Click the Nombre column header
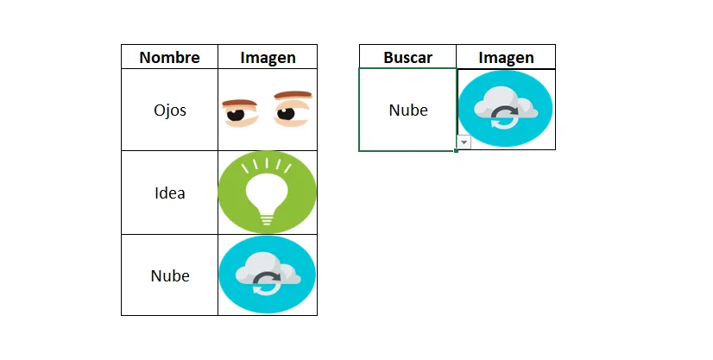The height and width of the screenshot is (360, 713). tap(169, 57)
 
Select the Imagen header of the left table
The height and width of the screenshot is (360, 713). tap(268, 58)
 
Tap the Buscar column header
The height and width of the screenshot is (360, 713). tap(408, 57)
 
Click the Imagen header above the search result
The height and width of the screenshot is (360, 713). tap(506, 58)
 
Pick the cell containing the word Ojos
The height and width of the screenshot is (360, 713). tap(169, 110)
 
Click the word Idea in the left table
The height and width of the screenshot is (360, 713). tap(169, 193)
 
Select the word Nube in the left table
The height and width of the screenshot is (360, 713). tap(170, 275)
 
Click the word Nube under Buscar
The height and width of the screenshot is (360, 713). tap(408, 110)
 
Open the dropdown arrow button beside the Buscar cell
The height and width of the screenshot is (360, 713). tap(464, 142)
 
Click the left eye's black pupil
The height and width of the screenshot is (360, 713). tap(236, 114)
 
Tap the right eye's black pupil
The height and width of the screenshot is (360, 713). tap(286, 113)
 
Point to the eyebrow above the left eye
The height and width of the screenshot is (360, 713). tap(240, 103)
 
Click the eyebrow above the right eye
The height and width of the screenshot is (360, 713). tap(293, 95)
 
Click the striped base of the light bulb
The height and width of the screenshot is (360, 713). tap(267, 219)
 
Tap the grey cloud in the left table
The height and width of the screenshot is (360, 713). tap(268, 272)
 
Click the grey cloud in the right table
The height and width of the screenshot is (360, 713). tap(506, 106)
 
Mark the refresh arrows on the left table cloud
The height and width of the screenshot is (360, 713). tap(267, 283)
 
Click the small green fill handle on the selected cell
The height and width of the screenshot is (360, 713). tap(456, 150)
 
